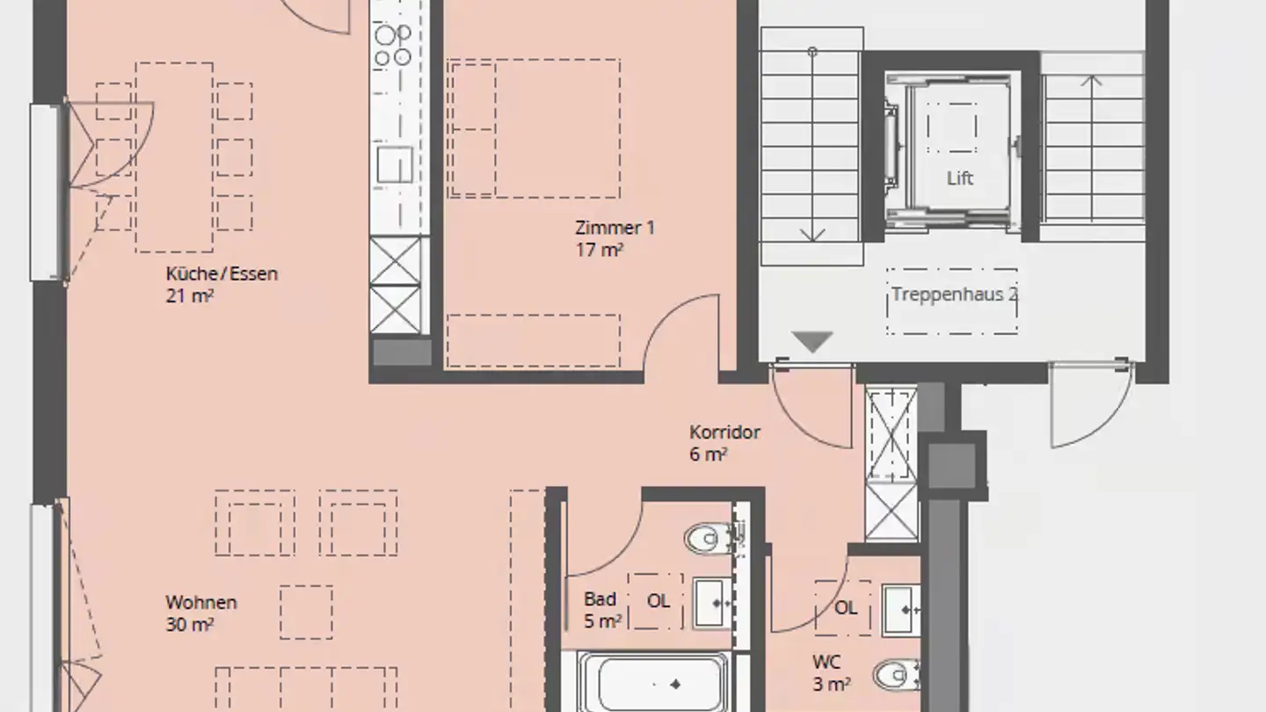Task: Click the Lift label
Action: [x=960, y=178]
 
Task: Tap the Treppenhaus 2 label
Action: [x=955, y=294]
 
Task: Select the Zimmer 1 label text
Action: [x=615, y=228]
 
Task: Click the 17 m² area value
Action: [x=599, y=250]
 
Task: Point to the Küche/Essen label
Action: [x=222, y=274]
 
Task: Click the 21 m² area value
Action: [x=189, y=296]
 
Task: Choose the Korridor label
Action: [x=724, y=432]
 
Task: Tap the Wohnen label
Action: [x=201, y=602]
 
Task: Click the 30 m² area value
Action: [x=189, y=624]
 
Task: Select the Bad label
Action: [x=600, y=599]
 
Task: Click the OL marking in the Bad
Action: [x=658, y=600]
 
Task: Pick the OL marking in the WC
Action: [x=846, y=608]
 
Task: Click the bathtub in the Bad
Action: [x=654, y=683]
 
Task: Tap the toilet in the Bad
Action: [x=711, y=539]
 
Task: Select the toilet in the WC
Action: [x=899, y=675]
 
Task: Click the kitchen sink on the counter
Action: [x=395, y=164]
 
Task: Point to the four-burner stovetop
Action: [x=392, y=45]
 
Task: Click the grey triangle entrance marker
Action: [x=812, y=342]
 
